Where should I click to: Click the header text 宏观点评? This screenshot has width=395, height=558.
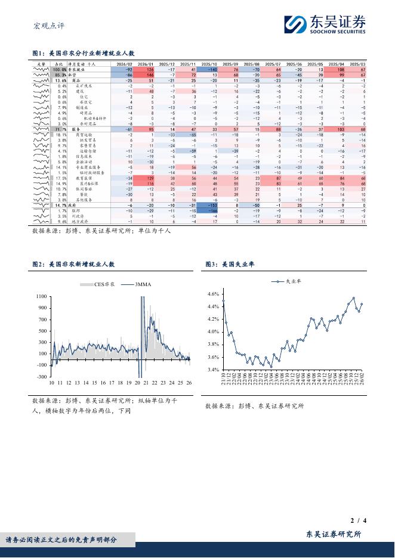pyautogui.click(x=47, y=26)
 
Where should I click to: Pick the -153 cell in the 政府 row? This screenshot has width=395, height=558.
pyautogui.click(x=209, y=204)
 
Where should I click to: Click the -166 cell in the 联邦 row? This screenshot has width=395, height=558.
pyautogui.click(x=209, y=210)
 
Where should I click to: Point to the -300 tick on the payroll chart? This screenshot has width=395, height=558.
pyautogui.click(x=42, y=377)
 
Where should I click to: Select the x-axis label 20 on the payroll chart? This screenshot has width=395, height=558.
pyautogui.click(x=137, y=383)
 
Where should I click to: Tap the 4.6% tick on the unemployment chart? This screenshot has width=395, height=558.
pyautogui.click(x=213, y=294)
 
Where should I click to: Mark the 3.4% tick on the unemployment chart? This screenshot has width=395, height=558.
pyautogui.click(x=213, y=370)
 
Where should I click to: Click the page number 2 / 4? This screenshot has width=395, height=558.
pyautogui.click(x=357, y=522)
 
